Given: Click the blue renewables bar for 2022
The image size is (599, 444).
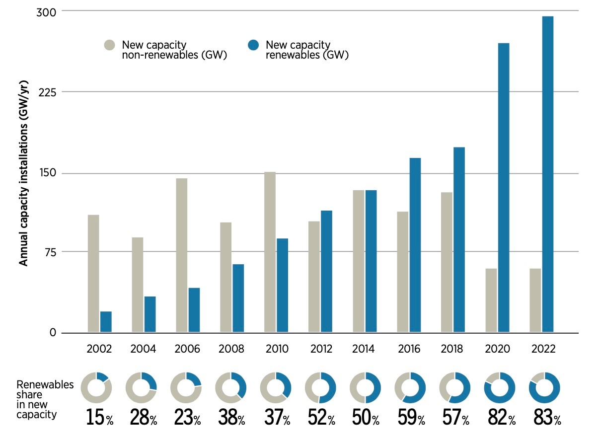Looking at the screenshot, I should coord(548,174).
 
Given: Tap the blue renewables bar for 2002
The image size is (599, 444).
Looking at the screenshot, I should coord(106,321).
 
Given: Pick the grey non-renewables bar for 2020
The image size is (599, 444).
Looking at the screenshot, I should coord(491,300).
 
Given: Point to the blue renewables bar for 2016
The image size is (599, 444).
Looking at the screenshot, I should coord(415,245).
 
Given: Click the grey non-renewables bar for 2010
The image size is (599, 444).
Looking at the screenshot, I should coord(270,252).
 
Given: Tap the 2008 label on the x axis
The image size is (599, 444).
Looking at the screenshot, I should coord(232,349).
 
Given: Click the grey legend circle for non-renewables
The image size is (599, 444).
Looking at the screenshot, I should coord(110,45).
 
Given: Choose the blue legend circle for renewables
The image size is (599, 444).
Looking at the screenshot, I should coord(253,45).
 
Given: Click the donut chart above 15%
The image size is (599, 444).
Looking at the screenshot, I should coord(96,387).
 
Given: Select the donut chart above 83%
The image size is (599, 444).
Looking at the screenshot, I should coord(545,387).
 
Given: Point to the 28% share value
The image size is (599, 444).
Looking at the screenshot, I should coord(143,417).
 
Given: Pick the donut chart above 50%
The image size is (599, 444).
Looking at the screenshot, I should coord(365,387).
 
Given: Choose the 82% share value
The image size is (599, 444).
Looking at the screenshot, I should coord(501,417).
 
